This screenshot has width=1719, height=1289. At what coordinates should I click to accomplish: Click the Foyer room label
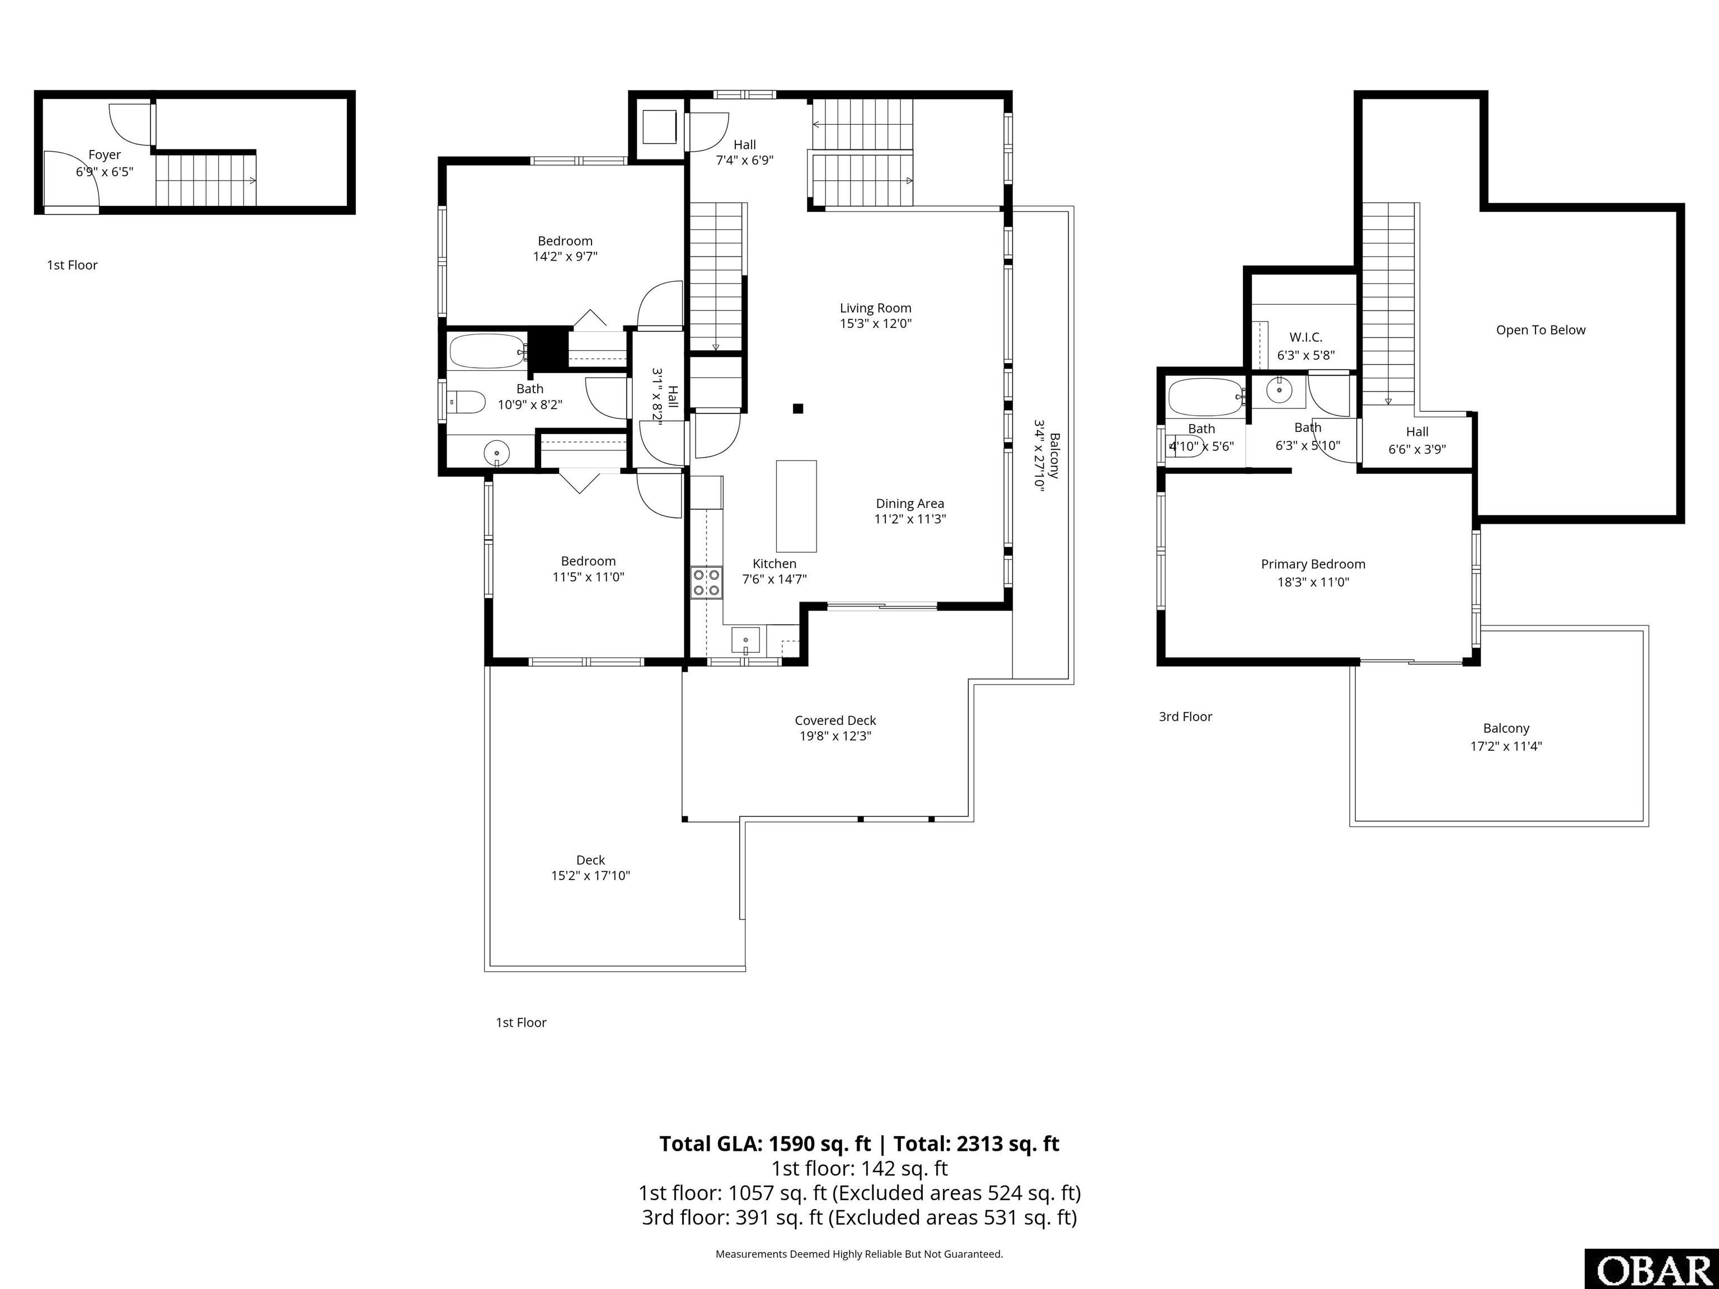coord(104,154)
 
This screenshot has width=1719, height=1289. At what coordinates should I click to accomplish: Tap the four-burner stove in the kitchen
coord(706,583)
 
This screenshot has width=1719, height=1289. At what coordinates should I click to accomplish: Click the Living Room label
coord(875,308)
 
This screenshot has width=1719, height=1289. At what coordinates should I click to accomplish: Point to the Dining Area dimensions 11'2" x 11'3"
coord(910,519)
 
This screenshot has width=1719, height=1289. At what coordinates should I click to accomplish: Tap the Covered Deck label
coord(835,720)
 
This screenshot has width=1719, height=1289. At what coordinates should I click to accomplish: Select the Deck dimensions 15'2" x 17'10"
coord(590,876)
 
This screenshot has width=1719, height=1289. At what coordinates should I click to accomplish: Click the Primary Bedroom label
coord(1313,564)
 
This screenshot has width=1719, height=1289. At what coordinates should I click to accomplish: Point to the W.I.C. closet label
coord(1305,337)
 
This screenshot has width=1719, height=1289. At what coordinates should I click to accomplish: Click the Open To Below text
coord(1541,330)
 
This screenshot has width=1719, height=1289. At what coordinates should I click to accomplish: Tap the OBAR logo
coord(1651,1269)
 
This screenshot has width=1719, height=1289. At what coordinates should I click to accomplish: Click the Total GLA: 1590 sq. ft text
coord(765,1144)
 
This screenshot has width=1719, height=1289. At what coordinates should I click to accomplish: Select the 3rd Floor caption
coord(1185,716)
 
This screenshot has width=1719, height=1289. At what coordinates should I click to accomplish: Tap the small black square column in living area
coord(798,409)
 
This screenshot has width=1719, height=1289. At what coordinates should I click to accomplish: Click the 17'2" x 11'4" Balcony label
coord(1506,737)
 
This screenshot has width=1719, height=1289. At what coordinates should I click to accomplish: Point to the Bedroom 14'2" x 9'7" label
coord(565,248)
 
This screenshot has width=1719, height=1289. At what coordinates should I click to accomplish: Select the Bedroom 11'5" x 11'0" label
coord(588,569)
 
